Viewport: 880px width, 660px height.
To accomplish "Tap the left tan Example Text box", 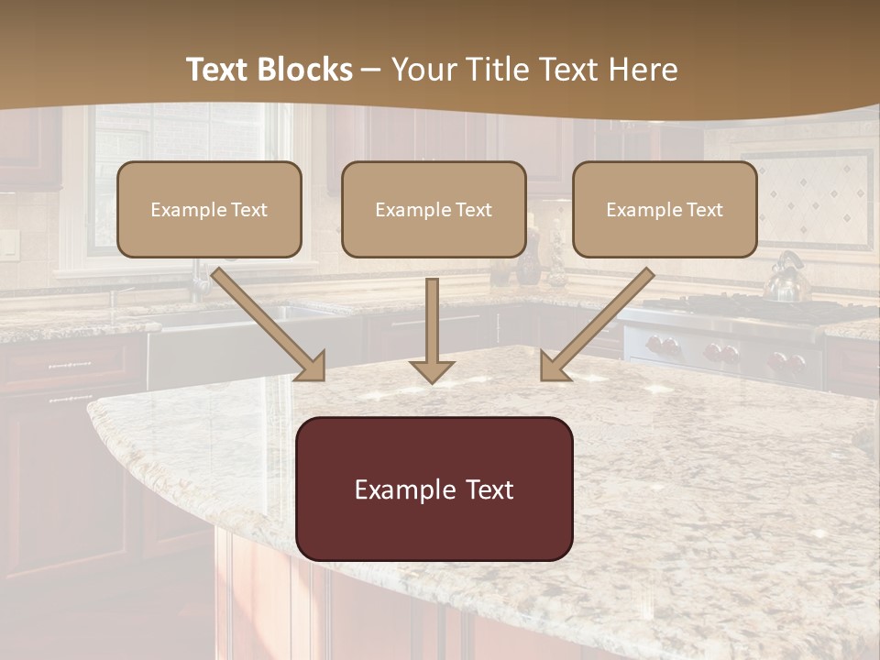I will coord(209,210).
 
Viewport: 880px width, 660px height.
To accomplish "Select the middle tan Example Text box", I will coord(434,210).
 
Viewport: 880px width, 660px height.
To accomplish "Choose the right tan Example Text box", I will coord(665,210).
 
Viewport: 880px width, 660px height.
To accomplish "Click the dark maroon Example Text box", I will coord(434,489).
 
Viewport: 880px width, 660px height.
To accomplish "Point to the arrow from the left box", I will coord(270,324).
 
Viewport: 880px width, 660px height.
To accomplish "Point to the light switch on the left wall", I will coord(8,242).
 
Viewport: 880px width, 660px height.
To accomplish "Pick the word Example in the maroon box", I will coord(395,489).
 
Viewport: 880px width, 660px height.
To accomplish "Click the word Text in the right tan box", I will coord(703,210).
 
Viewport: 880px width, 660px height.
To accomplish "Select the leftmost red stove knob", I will coord(656,346).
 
